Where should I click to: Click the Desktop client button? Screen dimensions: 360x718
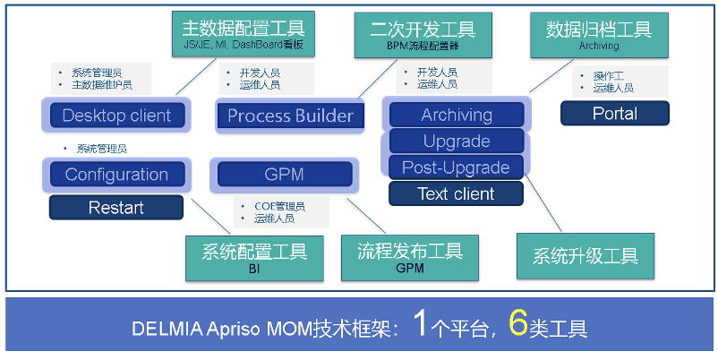click(x=116, y=116)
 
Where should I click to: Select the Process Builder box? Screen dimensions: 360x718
click(x=290, y=116)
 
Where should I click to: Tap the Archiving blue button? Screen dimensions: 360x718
click(x=457, y=115)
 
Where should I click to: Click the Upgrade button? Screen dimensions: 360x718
click(x=457, y=141)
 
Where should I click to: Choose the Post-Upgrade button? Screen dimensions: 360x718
click(x=457, y=167)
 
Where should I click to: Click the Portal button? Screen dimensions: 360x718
click(x=614, y=114)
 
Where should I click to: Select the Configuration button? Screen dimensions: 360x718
click(x=116, y=174)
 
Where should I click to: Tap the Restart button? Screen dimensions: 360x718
click(x=115, y=208)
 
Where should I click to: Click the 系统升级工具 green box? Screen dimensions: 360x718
click(x=586, y=257)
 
